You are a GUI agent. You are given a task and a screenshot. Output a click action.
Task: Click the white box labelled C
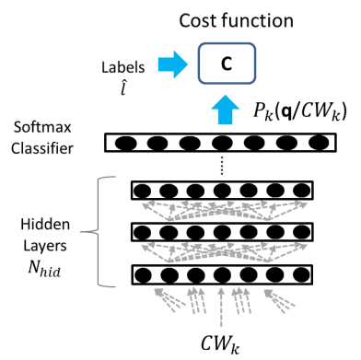click(x=241, y=64)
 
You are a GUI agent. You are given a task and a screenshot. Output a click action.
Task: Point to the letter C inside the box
click(x=227, y=64)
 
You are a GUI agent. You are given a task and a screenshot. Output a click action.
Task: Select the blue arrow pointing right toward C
click(x=172, y=64)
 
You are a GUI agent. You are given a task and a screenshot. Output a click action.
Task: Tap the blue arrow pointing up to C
click(x=225, y=110)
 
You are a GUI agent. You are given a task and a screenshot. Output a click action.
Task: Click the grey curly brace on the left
click(x=99, y=231)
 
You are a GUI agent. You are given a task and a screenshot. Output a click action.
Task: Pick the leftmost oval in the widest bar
click(x=126, y=143)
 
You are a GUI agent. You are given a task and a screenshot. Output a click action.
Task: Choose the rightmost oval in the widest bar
click(x=319, y=143)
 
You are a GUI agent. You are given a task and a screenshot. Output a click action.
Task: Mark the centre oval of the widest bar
click(x=222, y=143)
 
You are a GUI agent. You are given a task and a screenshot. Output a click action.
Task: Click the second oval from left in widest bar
click(x=157, y=143)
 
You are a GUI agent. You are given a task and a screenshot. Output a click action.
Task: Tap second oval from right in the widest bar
click(x=286, y=143)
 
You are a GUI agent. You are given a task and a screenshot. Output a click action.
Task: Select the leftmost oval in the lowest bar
click(x=143, y=274)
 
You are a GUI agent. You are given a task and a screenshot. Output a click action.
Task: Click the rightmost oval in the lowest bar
click(x=301, y=274)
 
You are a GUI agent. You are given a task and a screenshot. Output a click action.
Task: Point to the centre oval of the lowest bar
click(x=222, y=274)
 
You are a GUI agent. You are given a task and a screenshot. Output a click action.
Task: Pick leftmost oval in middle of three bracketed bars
click(x=142, y=232)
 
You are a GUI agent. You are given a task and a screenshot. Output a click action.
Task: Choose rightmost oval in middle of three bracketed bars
click(x=301, y=232)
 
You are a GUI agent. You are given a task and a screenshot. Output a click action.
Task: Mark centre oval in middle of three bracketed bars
click(x=222, y=232)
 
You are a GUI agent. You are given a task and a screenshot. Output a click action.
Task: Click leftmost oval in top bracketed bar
click(x=142, y=191)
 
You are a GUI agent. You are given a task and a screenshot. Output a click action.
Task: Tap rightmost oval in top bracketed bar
click(x=301, y=191)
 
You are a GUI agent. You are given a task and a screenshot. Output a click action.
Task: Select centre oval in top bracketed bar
click(x=222, y=191)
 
